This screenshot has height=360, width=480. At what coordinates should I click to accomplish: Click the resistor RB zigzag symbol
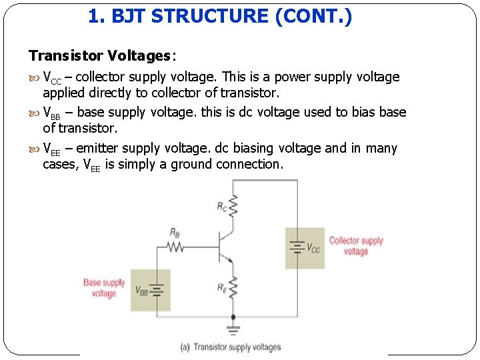pos(175,247)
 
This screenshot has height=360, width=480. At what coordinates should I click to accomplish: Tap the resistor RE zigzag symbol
pos(233,289)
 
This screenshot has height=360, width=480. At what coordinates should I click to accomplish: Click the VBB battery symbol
pos(157,290)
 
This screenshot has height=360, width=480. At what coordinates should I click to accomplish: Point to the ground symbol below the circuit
pos(233,329)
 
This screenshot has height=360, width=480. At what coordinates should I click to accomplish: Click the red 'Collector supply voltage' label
pos(356,246)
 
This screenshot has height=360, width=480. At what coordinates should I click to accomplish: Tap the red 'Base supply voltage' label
pos(104,288)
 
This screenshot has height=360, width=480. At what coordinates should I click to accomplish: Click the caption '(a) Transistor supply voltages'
pos(231,347)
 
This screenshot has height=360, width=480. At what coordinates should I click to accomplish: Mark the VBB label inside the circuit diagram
pos(141,291)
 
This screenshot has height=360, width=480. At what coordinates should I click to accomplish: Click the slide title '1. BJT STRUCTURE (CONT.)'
pos(220,17)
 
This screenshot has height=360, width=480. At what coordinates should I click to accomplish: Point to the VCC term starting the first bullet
pos(52,77)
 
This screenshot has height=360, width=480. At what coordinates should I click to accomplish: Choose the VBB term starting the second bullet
pos(52,113)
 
